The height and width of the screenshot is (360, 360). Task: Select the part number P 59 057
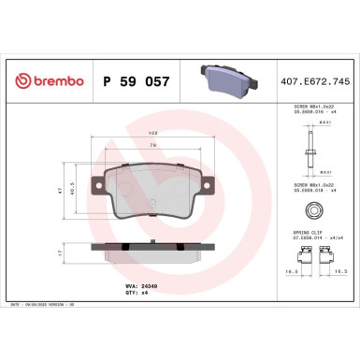pyautogui.click(x=135, y=82)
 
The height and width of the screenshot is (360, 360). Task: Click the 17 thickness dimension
pyautogui.click(x=61, y=252)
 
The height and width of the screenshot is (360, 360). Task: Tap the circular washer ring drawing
pyautogui.click(x=316, y=211)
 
